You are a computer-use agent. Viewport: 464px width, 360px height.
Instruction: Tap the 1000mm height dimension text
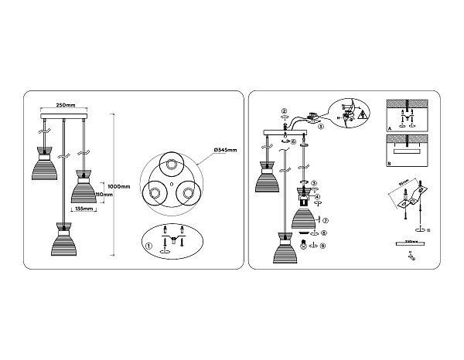[118, 186]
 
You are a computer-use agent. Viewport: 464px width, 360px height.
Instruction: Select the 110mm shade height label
[104, 195]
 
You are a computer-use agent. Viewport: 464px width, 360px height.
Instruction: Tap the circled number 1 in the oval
[148, 246]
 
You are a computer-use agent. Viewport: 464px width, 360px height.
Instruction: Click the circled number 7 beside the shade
[326, 221]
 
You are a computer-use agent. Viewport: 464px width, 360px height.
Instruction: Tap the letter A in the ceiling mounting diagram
[390, 127]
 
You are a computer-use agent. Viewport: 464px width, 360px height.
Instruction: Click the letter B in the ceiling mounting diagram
[390, 163]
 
